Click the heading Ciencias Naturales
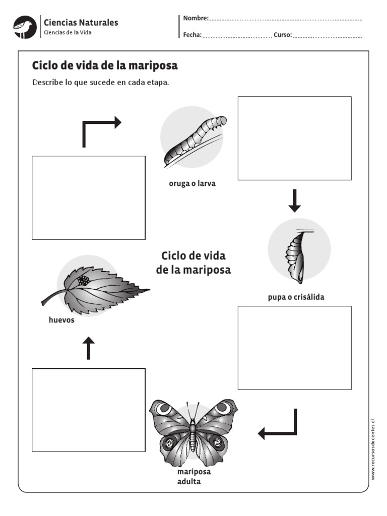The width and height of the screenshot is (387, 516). pyautogui.click(x=81, y=22)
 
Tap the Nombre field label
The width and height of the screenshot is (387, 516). pyautogui.click(x=196, y=18)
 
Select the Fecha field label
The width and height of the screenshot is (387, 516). pyautogui.click(x=192, y=35)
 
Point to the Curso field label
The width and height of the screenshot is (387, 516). pyautogui.click(x=283, y=35)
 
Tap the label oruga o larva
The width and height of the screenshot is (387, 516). pyautogui.click(x=192, y=184)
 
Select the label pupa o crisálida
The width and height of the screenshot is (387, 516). pyautogui.click(x=296, y=297)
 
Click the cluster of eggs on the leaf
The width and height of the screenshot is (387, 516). pyautogui.click(x=84, y=280)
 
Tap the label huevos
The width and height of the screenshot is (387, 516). pyautogui.click(x=61, y=320)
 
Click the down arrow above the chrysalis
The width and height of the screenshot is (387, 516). pyautogui.click(x=295, y=201)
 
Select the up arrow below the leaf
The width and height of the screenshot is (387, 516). pyautogui.click(x=88, y=348)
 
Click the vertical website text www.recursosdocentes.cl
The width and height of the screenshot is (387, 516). pyautogui.click(x=373, y=449)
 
